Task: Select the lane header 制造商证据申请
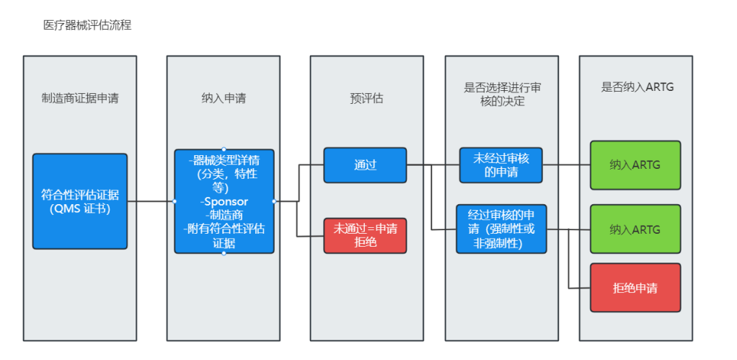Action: coord(79,98)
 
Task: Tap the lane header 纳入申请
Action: coord(224,98)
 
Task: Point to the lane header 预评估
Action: coord(366,98)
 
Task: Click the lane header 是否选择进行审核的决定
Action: coord(502,94)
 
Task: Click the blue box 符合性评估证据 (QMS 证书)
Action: coord(79,201)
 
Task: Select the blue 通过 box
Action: coord(365,165)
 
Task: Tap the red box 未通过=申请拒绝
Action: coord(365,235)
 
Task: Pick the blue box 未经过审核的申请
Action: coord(501,165)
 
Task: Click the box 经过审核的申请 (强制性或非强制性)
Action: coord(501,229)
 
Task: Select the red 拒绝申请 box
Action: coord(635,288)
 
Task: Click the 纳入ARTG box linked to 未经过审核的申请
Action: coord(635,165)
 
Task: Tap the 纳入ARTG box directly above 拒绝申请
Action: coord(635,229)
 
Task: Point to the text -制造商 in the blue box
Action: coord(224,215)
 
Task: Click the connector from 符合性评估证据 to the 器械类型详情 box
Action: coord(151,201)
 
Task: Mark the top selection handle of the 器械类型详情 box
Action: coord(224,149)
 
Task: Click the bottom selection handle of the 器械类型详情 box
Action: coord(224,253)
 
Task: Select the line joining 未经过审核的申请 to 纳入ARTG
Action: coord(566,165)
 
